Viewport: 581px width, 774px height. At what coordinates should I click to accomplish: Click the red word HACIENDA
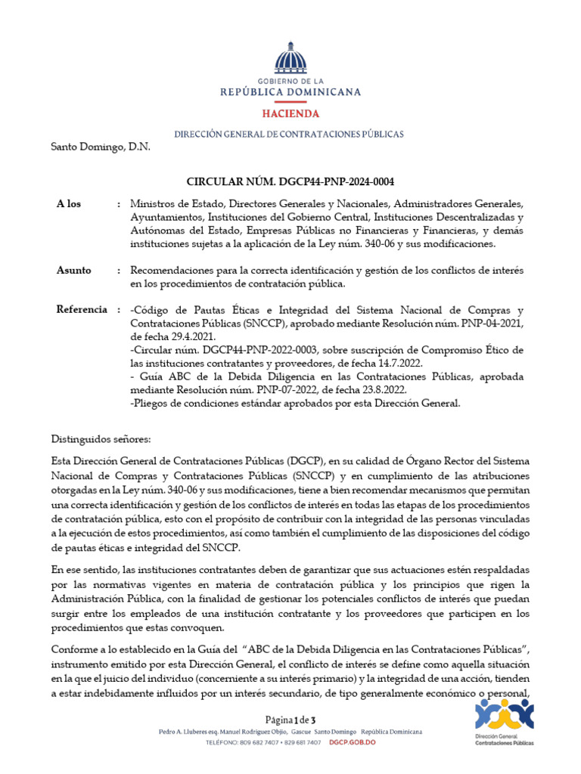[290, 113]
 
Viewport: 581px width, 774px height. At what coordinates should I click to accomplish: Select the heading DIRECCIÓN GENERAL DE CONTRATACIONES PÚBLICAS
[289, 134]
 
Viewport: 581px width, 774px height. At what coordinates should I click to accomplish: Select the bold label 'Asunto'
[74, 270]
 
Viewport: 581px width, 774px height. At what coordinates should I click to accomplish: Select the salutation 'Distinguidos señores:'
[101, 439]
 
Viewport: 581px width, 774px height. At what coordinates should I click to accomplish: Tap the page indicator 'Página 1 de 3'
[290, 719]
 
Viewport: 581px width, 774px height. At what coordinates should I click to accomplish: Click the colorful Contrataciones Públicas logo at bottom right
[504, 721]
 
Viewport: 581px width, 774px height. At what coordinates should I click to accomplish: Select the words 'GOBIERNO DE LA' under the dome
[290, 80]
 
